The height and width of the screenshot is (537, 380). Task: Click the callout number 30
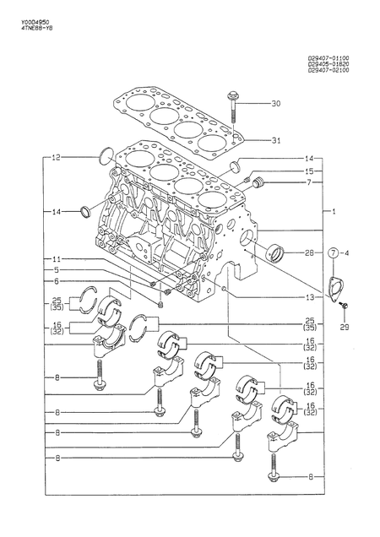[275, 104]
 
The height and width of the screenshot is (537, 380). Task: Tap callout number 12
[56, 158]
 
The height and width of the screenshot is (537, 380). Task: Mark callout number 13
[310, 297]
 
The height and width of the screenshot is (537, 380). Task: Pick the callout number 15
[309, 171]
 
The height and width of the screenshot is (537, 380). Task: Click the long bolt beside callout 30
[233, 106]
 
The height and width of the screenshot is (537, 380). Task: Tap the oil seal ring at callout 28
[275, 252]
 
